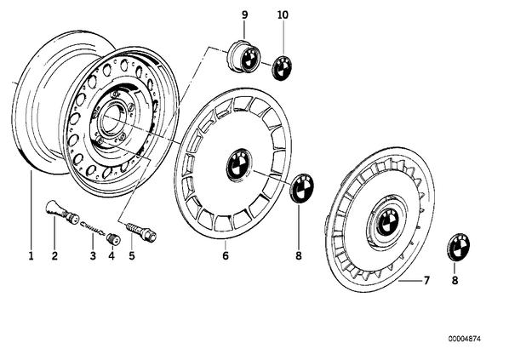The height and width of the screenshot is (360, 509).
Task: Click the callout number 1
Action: pyautogui.click(x=31, y=256)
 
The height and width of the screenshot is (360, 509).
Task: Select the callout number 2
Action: pyautogui.click(x=54, y=256)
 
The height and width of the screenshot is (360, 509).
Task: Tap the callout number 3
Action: pyautogui.click(x=93, y=256)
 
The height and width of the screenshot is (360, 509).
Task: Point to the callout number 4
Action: pyautogui.click(x=112, y=256)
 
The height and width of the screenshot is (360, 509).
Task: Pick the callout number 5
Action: pyautogui.click(x=131, y=256)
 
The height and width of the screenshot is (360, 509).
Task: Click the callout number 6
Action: pyautogui.click(x=226, y=256)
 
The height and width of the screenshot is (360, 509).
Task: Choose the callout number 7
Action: pyautogui.click(x=426, y=280)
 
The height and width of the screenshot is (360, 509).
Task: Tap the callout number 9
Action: pyautogui.click(x=245, y=14)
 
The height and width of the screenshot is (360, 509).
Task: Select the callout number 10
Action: pyautogui.click(x=283, y=14)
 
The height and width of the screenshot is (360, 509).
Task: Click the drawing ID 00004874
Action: pyautogui.click(x=465, y=339)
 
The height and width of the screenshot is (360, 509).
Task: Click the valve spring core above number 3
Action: pyautogui.click(x=92, y=227)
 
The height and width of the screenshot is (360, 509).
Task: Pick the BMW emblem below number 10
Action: pyautogui.click(x=283, y=68)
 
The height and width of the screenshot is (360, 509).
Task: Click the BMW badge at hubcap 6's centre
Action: pyautogui.click(x=239, y=164)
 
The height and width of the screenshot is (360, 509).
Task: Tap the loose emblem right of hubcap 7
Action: pyautogui.click(x=459, y=246)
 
